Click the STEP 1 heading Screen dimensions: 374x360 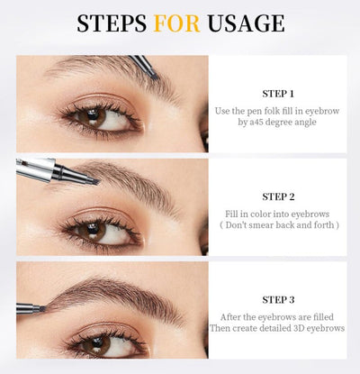click(278, 93)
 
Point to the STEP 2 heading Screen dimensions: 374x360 click(278, 196)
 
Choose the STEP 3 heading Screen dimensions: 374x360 click(278, 299)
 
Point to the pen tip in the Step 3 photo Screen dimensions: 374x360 click(40, 309)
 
